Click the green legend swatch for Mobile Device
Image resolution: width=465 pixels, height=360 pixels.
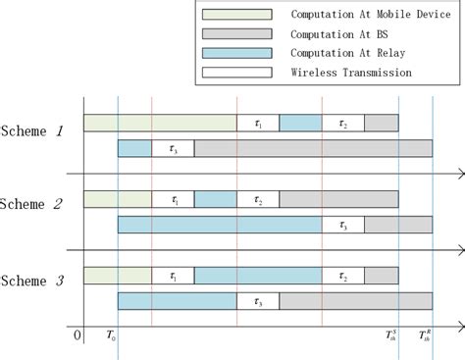tap(236, 15)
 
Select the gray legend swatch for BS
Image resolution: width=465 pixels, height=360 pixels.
tap(236, 34)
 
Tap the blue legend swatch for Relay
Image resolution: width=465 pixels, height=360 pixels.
tap(236, 53)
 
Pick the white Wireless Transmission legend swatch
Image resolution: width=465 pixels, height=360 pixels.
tap(236, 72)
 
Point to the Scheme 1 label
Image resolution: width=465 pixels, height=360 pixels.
tap(33, 131)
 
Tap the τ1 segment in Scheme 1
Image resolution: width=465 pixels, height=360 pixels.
tap(258, 123)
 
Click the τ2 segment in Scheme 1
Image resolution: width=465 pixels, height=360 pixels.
tap(342, 123)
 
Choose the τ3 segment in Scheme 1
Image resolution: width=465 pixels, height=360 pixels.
tap(173, 148)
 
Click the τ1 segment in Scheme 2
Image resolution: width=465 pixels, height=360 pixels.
tap(173, 199)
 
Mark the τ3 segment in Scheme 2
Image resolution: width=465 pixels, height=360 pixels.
tap(342, 225)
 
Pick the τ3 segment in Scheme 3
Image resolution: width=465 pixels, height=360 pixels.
tap(258, 301)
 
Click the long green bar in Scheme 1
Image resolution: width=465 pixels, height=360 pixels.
tap(160, 123)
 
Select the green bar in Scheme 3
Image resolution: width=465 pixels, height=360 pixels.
tap(118, 276)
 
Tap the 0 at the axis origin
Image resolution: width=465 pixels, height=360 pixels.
tap(77, 336)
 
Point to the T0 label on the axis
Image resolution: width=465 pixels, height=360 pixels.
tap(110, 337)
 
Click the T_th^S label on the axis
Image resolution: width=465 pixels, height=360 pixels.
tap(392, 336)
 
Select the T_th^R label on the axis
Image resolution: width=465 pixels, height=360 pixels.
tap(425, 336)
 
